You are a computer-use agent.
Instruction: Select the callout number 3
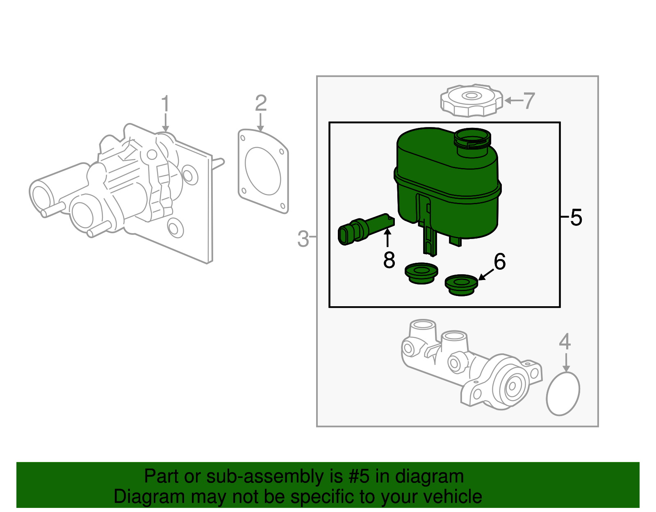(303, 239)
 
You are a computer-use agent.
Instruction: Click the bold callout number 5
(576, 217)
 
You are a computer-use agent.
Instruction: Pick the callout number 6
(500, 262)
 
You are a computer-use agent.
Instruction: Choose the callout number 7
(529, 101)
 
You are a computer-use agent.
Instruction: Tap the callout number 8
(389, 260)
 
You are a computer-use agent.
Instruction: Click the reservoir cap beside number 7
(471, 100)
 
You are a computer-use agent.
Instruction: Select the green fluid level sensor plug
(361, 230)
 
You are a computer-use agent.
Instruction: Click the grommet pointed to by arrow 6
(461, 285)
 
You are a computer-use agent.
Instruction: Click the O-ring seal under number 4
(563, 394)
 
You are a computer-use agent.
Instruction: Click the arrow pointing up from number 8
(387, 238)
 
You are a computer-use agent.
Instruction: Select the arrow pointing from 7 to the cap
(513, 100)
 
